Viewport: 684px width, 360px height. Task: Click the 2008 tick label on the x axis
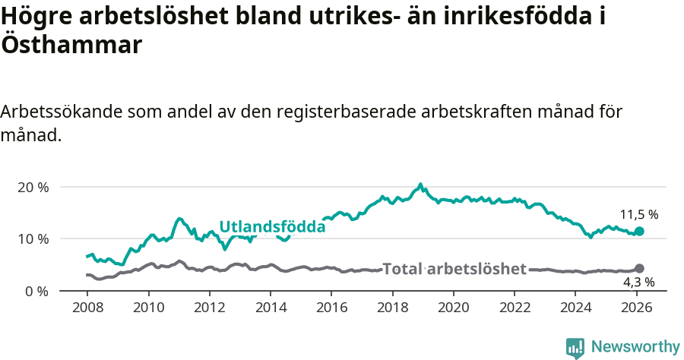(87, 308)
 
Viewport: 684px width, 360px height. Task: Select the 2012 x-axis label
(209, 308)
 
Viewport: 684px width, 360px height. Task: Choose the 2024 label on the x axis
(575, 308)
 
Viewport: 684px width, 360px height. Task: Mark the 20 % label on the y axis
(33, 187)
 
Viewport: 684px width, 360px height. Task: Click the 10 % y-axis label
(33, 238)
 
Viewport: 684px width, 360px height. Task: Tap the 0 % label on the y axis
(36, 291)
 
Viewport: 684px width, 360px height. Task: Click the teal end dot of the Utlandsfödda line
(639, 231)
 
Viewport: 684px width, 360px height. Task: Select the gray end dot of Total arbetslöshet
(639, 268)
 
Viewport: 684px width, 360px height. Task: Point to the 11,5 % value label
(638, 215)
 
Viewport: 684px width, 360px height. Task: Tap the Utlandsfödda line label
(272, 226)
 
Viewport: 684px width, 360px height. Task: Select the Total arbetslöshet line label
(454, 269)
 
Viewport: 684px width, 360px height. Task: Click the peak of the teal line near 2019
(420, 184)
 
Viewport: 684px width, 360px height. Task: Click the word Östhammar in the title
(71, 45)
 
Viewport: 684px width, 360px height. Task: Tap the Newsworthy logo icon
(575, 348)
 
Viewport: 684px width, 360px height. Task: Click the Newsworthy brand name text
(635, 347)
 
